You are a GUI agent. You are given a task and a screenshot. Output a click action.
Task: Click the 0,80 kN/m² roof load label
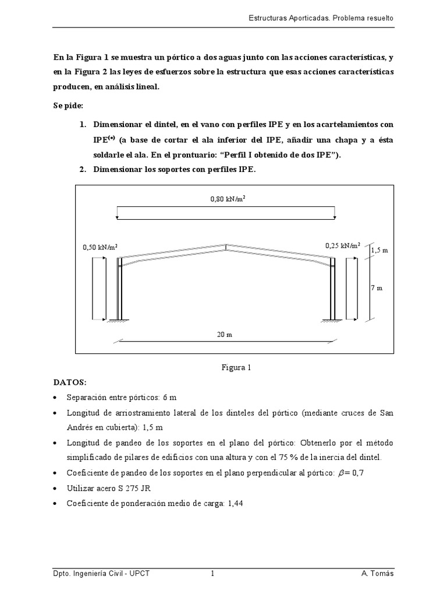226,199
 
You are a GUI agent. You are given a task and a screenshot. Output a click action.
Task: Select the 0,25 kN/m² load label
343,245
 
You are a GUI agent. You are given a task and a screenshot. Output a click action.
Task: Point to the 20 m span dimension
225,336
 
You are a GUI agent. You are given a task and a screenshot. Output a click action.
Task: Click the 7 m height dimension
377,289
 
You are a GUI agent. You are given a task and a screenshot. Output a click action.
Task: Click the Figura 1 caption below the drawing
235,368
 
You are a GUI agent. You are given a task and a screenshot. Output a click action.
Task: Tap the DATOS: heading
69,382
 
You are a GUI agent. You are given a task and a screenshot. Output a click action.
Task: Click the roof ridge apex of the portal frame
226,245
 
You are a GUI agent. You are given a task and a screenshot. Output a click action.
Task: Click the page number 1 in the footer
212,574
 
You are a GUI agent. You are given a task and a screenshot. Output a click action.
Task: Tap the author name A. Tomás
377,574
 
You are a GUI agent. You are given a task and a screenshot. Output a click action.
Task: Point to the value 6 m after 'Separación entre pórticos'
169,397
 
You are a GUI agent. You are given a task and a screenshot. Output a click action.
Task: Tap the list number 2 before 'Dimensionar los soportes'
83,170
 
